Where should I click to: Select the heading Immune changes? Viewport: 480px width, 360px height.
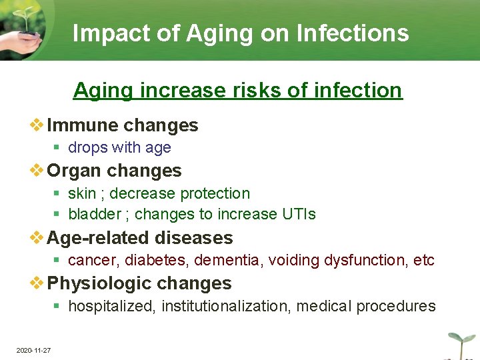(x=123, y=125)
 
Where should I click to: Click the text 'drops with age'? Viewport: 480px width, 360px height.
(x=119, y=147)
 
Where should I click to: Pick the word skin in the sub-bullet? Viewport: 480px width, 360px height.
(x=82, y=193)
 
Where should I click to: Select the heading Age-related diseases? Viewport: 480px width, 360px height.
(x=140, y=237)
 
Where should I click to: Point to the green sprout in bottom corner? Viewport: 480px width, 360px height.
(x=459, y=340)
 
